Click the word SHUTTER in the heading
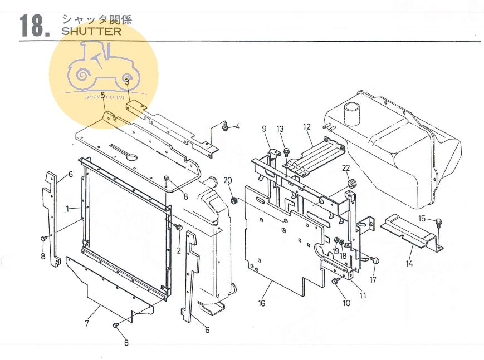(x=91, y=31)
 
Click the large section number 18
(x=33, y=26)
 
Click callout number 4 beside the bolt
(x=238, y=126)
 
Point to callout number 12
(x=307, y=127)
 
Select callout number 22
(x=346, y=169)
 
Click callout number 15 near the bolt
(x=422, y=219)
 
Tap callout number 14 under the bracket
(x=410, y=263)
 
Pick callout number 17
(x=373, y=279)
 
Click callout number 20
(x=227, y=180)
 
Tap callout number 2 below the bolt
(x=179, y=250)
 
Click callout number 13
(x=280, y=129)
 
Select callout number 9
(x=265, y=129)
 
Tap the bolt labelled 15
(x=438, y=223)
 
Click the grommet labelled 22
(x=351, y=184)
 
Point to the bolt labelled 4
(x=225, y=127)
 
